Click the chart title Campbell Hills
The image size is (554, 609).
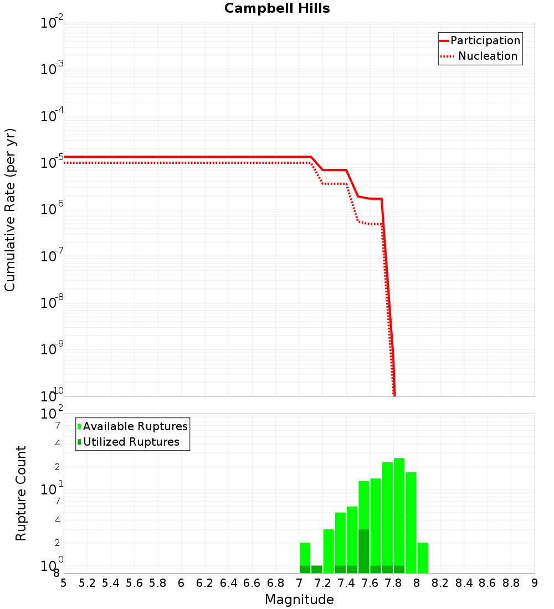[277, 8]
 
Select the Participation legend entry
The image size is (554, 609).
[480, 40]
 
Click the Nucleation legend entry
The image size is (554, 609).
[480, 56]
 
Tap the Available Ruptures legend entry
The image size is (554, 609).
[133, 426]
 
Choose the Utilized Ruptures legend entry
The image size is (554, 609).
[133, 442]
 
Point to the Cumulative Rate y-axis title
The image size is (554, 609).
[10, 209]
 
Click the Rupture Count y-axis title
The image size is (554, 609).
[21, 493]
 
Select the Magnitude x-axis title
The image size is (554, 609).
[299, 600]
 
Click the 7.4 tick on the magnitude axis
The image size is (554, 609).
[346, 583]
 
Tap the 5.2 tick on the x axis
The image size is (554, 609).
[87, 583]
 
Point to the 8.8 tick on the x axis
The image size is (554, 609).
[511, 583]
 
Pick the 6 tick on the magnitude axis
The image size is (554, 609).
[181, 583]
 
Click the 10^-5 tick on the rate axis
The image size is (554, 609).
[52, 163]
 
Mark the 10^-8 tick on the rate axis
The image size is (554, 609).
[52, 303]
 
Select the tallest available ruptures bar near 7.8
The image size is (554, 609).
[399, 515]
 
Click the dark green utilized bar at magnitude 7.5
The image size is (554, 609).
[364, 551]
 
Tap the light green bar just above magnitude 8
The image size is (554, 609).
[423, 558]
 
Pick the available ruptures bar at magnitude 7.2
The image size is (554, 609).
[329, 551]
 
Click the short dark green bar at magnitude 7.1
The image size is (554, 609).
[317, 569]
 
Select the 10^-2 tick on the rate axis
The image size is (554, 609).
[52, 23]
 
